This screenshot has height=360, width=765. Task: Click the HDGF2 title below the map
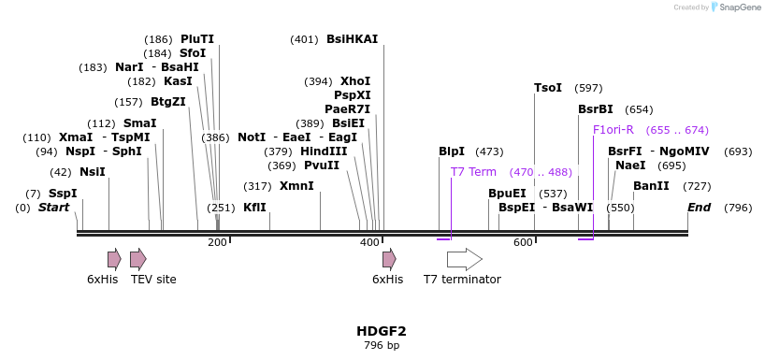click(x=382, y=331)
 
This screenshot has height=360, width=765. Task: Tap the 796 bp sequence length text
click(x=382, y=346)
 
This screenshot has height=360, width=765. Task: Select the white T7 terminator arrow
click(x=464, y=259)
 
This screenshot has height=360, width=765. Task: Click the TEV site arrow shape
click(x=138, y=259)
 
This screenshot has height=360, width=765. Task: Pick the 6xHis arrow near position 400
click(x=389, y=259)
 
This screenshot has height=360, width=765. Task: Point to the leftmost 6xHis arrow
click(x=114, y=259)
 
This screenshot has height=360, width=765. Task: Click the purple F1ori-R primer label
click(x=613, y=130)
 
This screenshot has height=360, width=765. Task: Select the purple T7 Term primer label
click(x=473, y=172)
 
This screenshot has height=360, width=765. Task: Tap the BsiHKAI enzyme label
click(x=352, y=39)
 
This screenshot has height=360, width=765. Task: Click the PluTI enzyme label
click(x=197, y=39)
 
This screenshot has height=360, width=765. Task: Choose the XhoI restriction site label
click(x=355, y=81)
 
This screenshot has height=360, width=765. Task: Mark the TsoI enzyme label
click(x=548, y=88)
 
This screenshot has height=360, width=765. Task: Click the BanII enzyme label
click(x=651, y=186)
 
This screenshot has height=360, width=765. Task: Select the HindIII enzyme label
click(x=324, y=151)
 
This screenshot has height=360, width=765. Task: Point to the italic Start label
click(x=54, y=207)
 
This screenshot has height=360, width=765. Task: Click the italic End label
click(x=700, y=207)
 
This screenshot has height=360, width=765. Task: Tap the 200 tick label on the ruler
click(x=217, y=243)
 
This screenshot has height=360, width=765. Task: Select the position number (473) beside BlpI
click(x=489, y=151)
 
